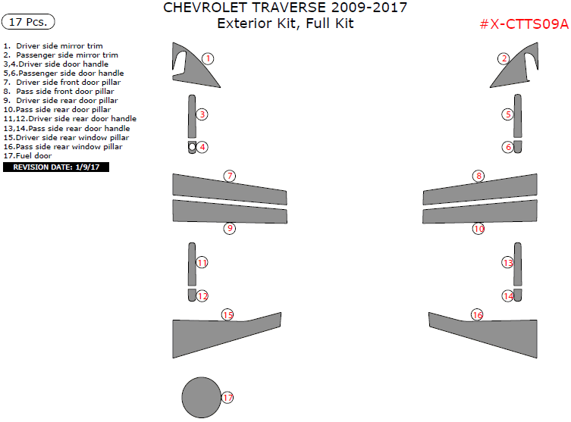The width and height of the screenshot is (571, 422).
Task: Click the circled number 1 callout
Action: pos(208,58)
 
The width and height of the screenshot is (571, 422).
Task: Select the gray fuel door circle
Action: pos(202,397)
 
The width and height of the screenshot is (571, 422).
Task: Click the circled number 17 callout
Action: pos(227,398)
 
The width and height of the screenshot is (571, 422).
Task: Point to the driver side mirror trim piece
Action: pos(187,68)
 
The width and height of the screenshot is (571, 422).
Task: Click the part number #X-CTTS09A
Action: pos(523,24)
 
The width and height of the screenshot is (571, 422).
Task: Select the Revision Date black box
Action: pos(56,167)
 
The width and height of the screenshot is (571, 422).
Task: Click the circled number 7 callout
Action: pos(229,176)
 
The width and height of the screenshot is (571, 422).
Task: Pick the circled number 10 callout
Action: pos(478,228)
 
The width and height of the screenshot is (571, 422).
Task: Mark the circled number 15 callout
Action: pos(227,314)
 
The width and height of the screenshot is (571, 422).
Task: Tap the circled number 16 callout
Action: pos(477,314)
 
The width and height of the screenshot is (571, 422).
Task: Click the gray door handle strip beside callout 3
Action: pos(191,115)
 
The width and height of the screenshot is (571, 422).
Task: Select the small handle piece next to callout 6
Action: pos(517,146)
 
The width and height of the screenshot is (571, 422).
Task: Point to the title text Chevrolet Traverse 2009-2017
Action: pos(285,8)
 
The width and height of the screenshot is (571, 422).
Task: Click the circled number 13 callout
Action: pos(508,262)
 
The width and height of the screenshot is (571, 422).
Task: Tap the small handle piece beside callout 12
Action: pos(193,295)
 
